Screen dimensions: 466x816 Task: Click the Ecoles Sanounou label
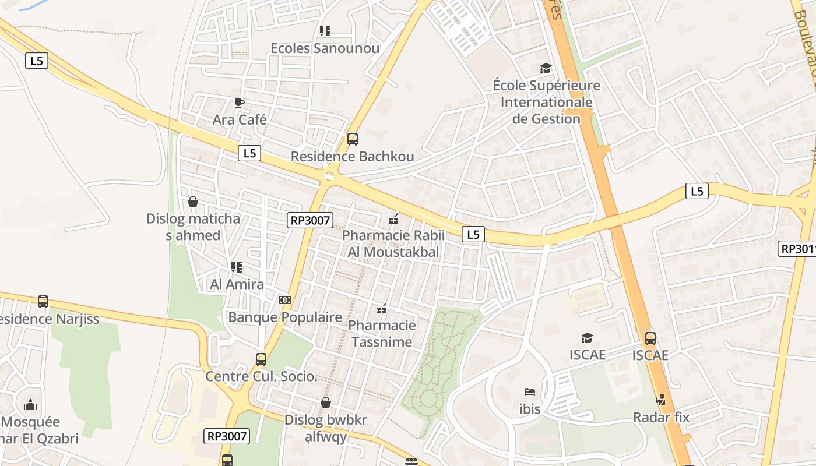coord(325,48)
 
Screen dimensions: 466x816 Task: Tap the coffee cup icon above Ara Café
coord(239,103)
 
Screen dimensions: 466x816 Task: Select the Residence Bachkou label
coord(352,156)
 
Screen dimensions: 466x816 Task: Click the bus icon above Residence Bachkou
coord(352,139)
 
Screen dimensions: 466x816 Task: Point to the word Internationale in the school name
coord(546,103)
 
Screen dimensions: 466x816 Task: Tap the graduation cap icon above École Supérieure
coord(546,69)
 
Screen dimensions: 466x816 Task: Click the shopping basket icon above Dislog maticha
coord(193,202)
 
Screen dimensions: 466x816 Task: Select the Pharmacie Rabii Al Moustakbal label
coord(393,243)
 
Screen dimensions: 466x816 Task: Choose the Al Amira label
coord(237,284)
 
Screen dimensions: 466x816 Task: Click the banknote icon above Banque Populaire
coord(285,299)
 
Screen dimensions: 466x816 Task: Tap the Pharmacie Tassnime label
coord(382,333)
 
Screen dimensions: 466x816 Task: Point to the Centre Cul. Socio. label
coord(261,376)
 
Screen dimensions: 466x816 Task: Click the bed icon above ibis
coord(530,392)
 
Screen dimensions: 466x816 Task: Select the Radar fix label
coord(661,417)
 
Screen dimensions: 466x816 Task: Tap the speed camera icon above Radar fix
coord(660,400)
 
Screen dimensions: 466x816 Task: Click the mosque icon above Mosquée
coord(30,405)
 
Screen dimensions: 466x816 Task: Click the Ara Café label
coord(240,119)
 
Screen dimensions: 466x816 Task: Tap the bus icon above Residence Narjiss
coord(43,302)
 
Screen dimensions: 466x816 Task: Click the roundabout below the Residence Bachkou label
coord(330,175)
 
